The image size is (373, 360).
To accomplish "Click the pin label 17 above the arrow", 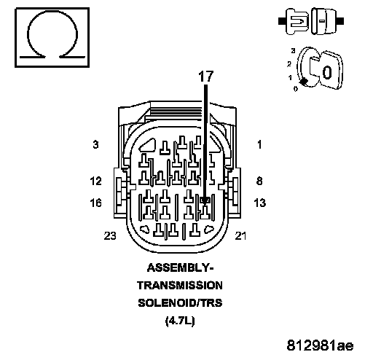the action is (206, 77).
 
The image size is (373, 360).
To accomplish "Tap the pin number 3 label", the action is (96, 144).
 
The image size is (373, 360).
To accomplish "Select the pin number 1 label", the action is (259, 144).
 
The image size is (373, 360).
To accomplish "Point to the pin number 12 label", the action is (95, 181).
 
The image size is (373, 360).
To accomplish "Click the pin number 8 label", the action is (259, 181).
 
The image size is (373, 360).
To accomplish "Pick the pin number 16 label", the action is (95, 203).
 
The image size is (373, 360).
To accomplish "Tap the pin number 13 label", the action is (259, 203).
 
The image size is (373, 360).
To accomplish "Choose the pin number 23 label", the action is (110, 235).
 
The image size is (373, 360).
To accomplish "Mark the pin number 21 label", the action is (240, 235).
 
